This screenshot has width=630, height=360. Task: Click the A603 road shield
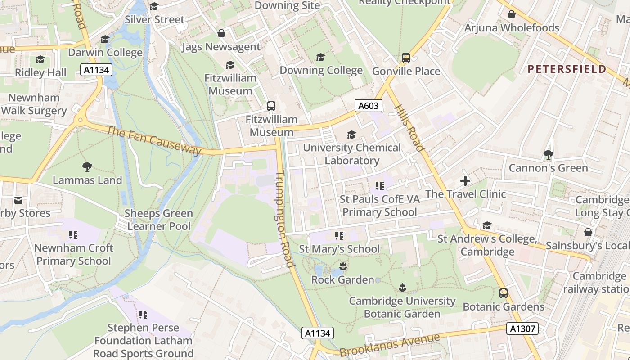point(369,106)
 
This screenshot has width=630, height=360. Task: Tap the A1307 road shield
point(523,329)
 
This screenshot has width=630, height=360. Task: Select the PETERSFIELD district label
point(567,69)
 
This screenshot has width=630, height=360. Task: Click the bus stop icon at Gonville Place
point(406,58)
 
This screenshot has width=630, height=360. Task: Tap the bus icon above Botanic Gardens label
point(504,293)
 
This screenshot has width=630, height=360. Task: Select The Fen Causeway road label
point(154,140)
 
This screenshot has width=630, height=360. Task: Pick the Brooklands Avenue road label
point(389,345)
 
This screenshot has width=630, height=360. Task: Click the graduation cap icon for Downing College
point(320,57)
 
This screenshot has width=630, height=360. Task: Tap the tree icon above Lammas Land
point(87,167)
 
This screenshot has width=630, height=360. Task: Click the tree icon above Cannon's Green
point(548,155)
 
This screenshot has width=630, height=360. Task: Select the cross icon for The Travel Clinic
point(465,181)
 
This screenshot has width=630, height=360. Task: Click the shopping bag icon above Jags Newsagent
point(221,34)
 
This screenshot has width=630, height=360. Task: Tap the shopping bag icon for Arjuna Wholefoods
point(512,15)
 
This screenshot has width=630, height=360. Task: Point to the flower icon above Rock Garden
point(343,266)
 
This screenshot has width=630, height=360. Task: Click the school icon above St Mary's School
point(339,236)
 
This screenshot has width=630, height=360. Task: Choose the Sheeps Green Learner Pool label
point(159,220)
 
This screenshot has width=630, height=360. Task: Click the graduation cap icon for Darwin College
point(105,40)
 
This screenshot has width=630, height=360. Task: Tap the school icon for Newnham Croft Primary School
point(73,235)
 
